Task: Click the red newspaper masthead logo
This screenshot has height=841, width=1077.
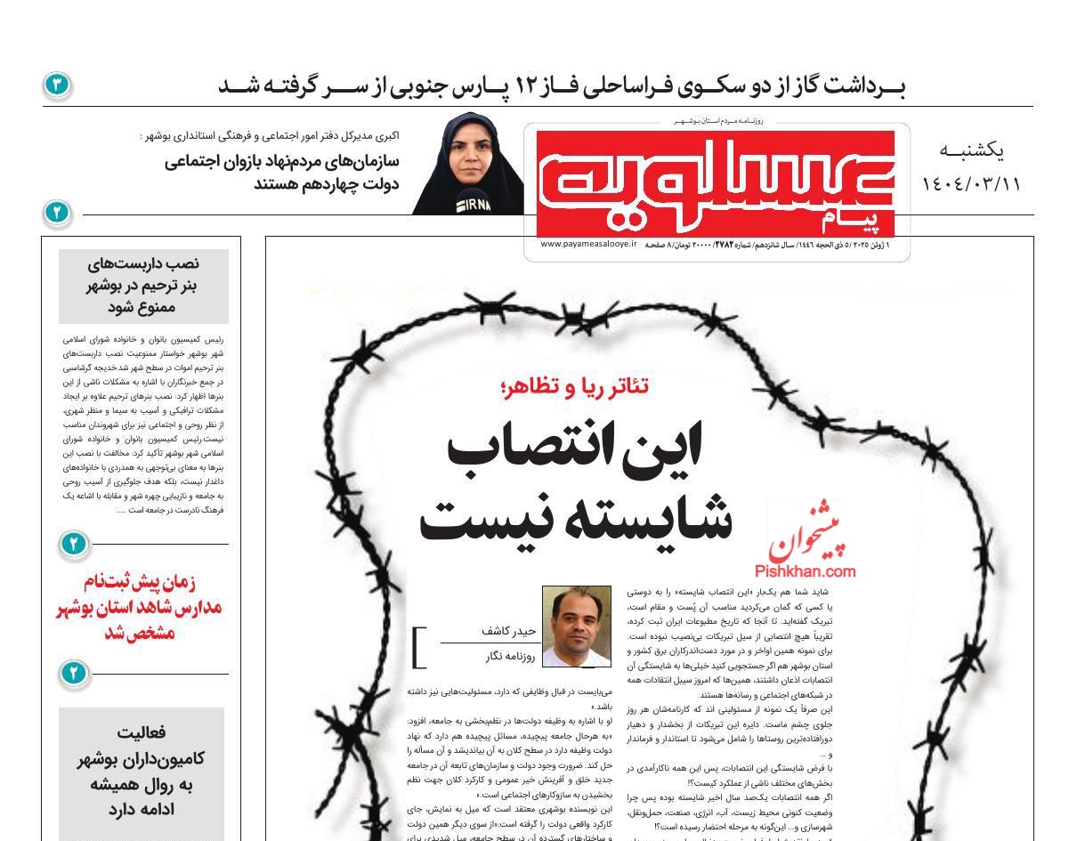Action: coord(716,183)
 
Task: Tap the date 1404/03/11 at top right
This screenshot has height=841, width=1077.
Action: coord(971,184)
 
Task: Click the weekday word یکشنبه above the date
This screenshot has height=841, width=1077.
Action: coord(971,151)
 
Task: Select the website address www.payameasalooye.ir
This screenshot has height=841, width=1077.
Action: coord(588,244)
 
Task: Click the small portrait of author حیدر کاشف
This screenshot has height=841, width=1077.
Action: coord(577,627)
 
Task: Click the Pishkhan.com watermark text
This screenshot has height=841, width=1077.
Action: coord(805,571)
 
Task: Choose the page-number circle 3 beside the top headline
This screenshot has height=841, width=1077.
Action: coord(56,85)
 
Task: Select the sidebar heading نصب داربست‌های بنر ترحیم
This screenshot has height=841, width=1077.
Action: coord(143,285)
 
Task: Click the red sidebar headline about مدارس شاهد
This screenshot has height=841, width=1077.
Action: coord(140,607)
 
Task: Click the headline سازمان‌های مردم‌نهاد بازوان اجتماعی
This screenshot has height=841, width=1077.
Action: coord(282,161)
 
